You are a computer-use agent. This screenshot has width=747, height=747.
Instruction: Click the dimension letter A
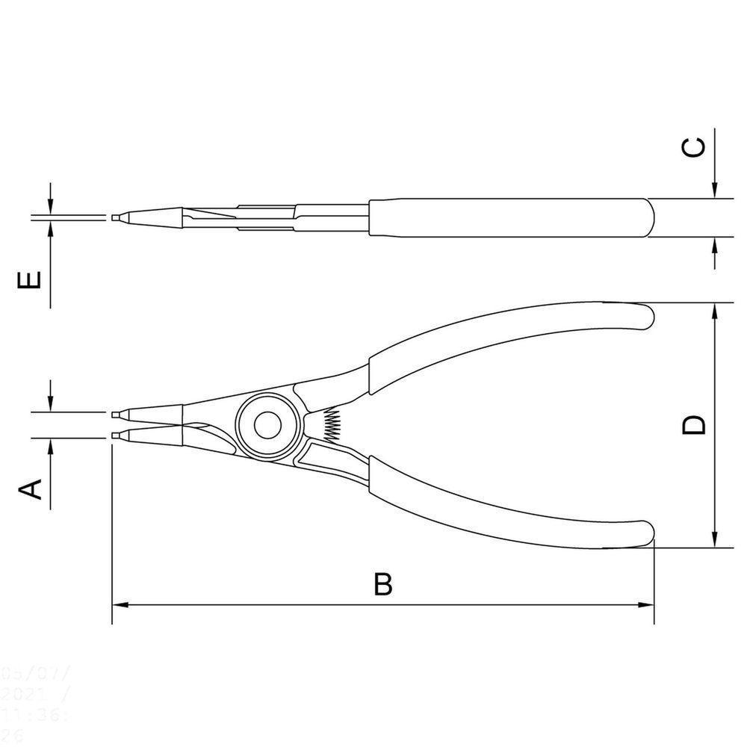tap(29, 489)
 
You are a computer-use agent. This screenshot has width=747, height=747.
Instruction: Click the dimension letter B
tap(382, 584)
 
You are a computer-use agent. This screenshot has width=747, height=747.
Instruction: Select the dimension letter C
tap(694, 147)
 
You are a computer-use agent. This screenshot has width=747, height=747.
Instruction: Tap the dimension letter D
tap(695, 425)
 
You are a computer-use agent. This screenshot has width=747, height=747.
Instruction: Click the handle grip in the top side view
tap(508, 217)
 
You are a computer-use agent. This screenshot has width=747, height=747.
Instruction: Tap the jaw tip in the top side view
tap(116, 217)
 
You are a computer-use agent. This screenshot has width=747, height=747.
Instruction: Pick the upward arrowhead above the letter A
tap(50, 446)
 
